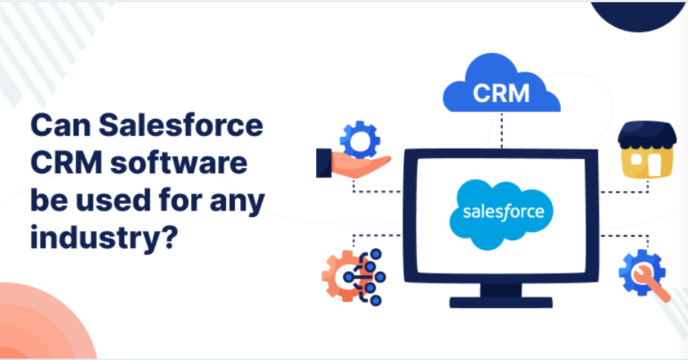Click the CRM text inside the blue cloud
click(x=501, y=94)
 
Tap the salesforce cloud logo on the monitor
click(x=502, y=212)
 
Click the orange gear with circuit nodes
click(x=344, y=274)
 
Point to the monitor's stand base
click(x=501, y=302)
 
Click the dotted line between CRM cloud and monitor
click(x=501, y=130)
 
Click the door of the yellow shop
click(x=652, y=165)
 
